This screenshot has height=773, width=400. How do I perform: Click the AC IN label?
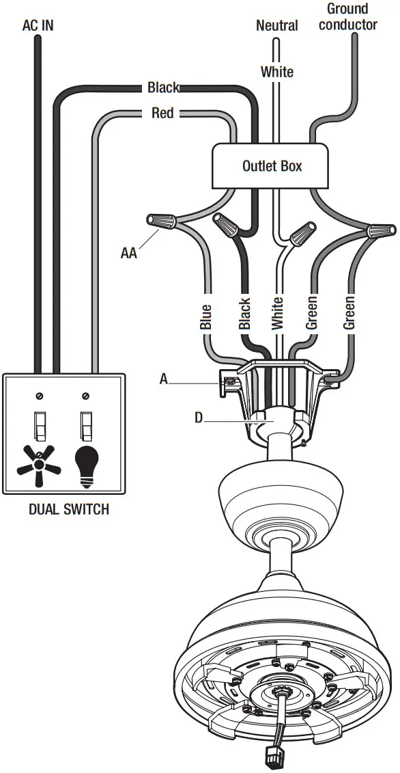click(x=38, y=25)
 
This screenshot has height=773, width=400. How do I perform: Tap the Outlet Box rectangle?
click(x=272, y=165)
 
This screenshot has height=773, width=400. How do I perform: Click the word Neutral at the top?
click(x=276, y=25)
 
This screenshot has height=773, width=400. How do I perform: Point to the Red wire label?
click(x=162, y=113)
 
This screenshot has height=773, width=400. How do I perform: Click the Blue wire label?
click(x=206, y=316)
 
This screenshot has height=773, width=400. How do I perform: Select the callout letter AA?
click(x=129, y=253)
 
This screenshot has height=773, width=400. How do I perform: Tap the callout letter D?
click(x=199, y=416)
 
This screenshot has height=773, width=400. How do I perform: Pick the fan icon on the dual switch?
click(x=39, y=466)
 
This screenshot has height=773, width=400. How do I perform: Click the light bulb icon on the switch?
click(x=86, y=465)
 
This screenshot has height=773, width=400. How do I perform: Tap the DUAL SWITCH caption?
click(x=68, y=510)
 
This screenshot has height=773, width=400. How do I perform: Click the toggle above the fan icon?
click(x=40, y=425)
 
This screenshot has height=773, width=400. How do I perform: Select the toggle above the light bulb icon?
click(x=86, y=425)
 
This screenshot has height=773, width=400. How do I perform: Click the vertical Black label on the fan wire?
click(x=245, y=314)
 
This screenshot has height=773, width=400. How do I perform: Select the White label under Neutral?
click(x=277, y=72)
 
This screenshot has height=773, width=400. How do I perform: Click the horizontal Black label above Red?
click(x=163, y=87)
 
